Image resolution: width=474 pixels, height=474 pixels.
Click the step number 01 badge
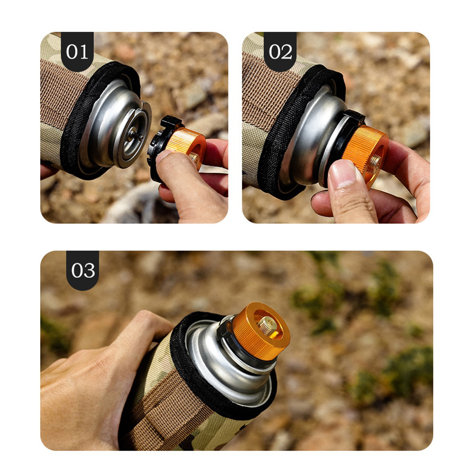pos(77,52)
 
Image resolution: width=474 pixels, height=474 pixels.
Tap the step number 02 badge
pos(280,52)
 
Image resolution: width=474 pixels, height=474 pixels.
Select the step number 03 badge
pos(82,270)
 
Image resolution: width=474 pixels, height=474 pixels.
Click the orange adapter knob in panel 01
pos(185,145)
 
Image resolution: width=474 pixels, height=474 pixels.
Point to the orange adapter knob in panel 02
pos(365,155)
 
